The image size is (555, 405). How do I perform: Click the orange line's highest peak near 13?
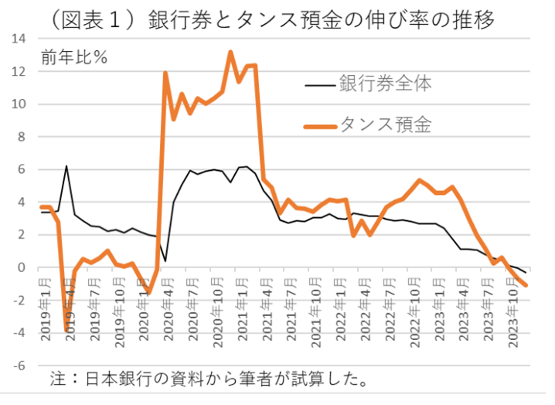(x=230, y=52)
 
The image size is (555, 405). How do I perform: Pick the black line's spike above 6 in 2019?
(x=66, y=166)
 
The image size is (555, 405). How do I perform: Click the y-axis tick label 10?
(x=21, y=104)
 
